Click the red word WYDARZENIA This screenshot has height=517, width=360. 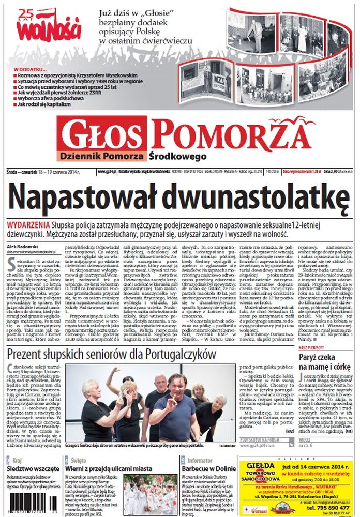(29, 225)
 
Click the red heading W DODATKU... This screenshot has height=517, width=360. (30, 69)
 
